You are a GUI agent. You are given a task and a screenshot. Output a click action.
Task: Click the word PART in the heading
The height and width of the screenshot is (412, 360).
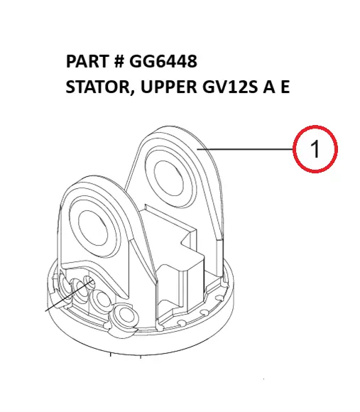coord(87,61)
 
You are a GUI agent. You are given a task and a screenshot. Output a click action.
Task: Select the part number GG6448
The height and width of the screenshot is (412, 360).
coord(163,61)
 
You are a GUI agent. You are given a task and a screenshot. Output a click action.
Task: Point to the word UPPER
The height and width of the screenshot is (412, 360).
coord(168,87)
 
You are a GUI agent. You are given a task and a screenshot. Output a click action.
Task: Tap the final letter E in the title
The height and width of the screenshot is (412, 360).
coord(285,87)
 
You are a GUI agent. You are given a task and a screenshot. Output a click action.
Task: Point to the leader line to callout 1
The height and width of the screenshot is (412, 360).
coord(246,149)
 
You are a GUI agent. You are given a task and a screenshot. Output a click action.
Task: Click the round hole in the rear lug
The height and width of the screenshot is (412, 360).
coord(169,178)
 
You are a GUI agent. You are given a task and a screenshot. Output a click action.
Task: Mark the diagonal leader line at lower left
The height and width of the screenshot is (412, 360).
coord(70,296)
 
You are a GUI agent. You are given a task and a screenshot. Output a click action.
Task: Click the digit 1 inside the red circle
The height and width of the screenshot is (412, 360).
coord(315,149)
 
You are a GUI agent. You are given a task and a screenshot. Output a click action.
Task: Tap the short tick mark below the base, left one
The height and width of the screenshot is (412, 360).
coord(111,354)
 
